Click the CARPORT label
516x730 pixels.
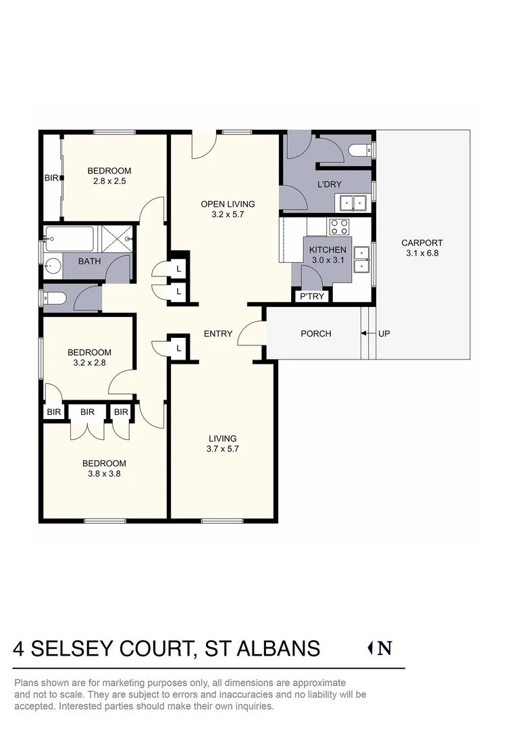point(421,243)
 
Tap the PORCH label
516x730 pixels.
point(315,333)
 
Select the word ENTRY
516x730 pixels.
point(218,333)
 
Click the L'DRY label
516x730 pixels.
point(329,184)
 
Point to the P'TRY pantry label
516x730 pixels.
point(311,296)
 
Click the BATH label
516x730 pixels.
point(89,261)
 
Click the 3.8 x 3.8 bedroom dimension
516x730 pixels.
point(104,474)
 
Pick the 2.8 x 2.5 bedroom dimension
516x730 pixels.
point(109,181)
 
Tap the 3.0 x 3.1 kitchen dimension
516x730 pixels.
point(328,260)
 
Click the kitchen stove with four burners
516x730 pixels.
point(338,226)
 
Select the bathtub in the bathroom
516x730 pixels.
point(70,239)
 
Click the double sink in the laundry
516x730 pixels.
point(353,202)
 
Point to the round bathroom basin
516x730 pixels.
point(52,266)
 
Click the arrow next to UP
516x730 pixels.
point(365,333)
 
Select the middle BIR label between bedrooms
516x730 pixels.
point(87,411)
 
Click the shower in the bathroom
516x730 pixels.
point(117,239)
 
